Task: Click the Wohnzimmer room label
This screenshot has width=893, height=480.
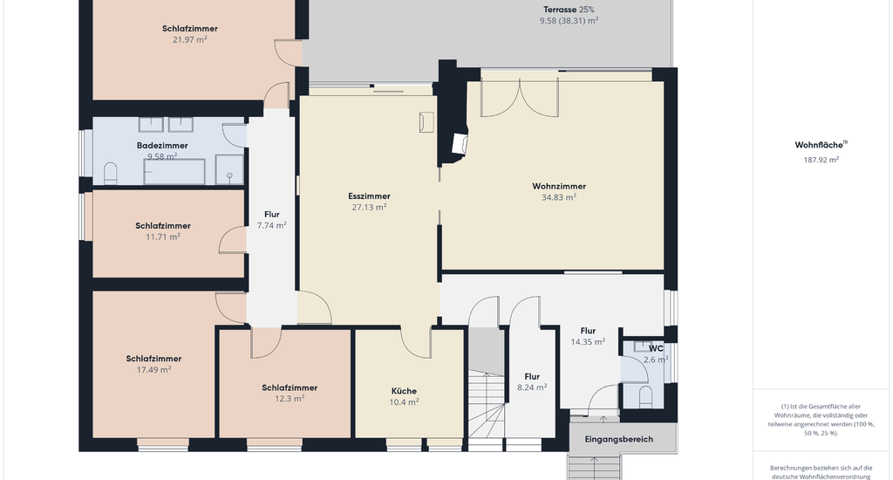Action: coord(559,187)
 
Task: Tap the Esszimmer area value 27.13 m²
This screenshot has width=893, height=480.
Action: coord(369,208)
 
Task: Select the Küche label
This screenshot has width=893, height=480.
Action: coord(404,391)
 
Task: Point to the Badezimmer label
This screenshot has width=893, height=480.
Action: coord(162,146)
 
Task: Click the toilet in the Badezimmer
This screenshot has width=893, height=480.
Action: coord(111,174)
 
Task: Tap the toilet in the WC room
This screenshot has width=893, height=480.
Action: coord(645,396)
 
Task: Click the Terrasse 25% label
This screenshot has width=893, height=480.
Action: coord(569,10)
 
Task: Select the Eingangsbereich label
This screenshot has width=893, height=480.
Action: coord(619,440)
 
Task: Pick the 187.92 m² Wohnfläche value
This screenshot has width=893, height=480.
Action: coord(821,161)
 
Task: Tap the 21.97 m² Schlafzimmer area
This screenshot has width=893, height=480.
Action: coord(189,40)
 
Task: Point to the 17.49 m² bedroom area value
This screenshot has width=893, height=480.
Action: coord(153,369)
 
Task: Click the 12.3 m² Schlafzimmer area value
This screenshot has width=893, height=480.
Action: coord(290,399)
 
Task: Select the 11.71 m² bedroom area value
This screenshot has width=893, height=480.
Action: coord(163,237)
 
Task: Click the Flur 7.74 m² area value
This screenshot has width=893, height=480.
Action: coord(272,225)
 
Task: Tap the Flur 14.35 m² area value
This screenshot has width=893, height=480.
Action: coord(588,342)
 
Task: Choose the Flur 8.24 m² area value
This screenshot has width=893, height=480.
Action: coord(532,387)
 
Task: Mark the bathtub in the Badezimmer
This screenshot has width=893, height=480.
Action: coord(174,172)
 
